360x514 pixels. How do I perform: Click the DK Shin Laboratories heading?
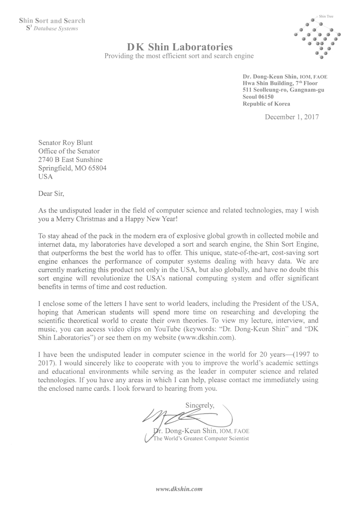180,46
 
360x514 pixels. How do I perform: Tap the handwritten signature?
185,418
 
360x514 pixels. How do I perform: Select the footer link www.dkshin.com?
180,488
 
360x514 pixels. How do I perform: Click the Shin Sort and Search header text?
52,20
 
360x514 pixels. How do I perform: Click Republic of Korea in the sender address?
266,104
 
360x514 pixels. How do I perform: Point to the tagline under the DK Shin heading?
179,56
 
